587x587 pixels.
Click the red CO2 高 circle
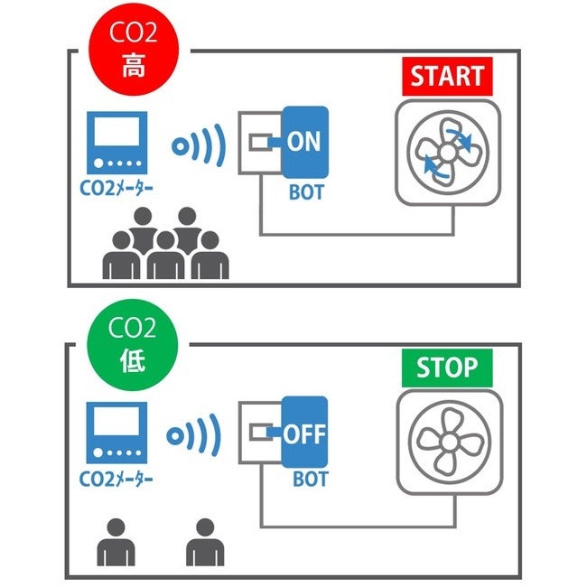133,50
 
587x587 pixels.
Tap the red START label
448,77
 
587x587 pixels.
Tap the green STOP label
447,368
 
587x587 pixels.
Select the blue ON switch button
304,142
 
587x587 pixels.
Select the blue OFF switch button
304,433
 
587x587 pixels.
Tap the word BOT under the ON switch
305,192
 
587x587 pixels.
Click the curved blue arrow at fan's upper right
465,137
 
